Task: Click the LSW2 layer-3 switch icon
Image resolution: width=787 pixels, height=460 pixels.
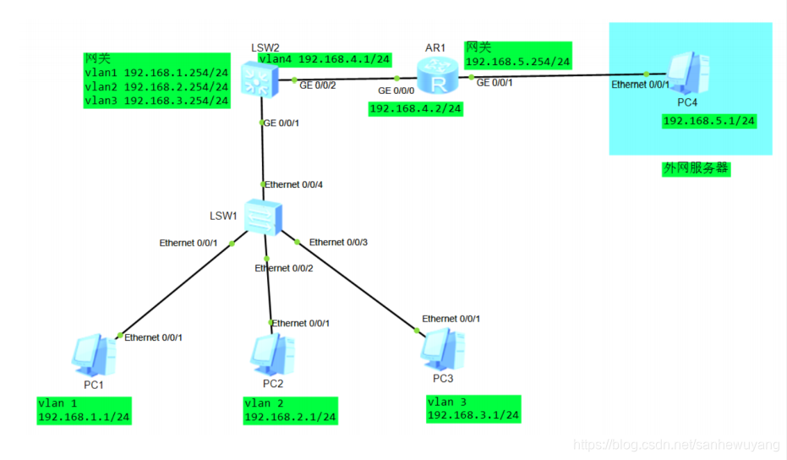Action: tap(256, 79)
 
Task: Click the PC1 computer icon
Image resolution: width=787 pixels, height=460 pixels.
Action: tap(94, 355)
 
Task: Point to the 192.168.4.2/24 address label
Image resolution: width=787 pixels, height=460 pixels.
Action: tap(416, 108)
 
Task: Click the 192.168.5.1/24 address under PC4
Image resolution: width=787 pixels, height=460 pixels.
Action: tap(708, 122)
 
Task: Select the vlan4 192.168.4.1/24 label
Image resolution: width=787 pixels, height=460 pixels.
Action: tap(324, 59)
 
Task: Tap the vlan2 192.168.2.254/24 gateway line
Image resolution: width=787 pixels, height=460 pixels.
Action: tap(156, 86)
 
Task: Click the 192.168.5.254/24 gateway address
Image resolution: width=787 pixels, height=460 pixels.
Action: tap(517, 62)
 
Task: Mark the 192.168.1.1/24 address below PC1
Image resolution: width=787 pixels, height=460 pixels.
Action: tap(84, 417)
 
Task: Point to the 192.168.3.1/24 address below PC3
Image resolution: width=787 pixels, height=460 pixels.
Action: tap(473, 415)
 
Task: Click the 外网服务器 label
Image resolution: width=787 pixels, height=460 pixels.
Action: tap(695, 168)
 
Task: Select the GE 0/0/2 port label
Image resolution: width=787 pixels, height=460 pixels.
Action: tap(319, 85)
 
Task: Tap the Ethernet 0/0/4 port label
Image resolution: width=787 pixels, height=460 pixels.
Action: tap(293, 184)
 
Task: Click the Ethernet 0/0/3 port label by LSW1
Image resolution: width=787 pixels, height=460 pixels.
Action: tap(338, 243)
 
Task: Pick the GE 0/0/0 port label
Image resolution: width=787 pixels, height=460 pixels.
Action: tap(396, 90)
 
